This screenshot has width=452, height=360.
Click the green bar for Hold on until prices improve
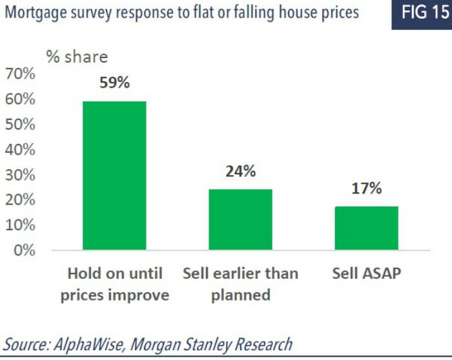click(x=114, y=175)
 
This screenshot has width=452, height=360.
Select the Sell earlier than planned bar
click(x=240, y=219)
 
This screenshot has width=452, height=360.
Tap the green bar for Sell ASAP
click(x=366, y=228)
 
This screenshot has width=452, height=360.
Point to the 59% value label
click(x=114, y=83)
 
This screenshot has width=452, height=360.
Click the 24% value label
click(x=240, y=172)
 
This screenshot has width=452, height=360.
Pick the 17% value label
click(x=366, y=188)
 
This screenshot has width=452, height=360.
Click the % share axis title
click(x=77, y=56)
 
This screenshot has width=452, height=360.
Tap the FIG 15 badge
click(x=421, y=13)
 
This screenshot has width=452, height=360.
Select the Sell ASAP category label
click(x=366, y=273)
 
